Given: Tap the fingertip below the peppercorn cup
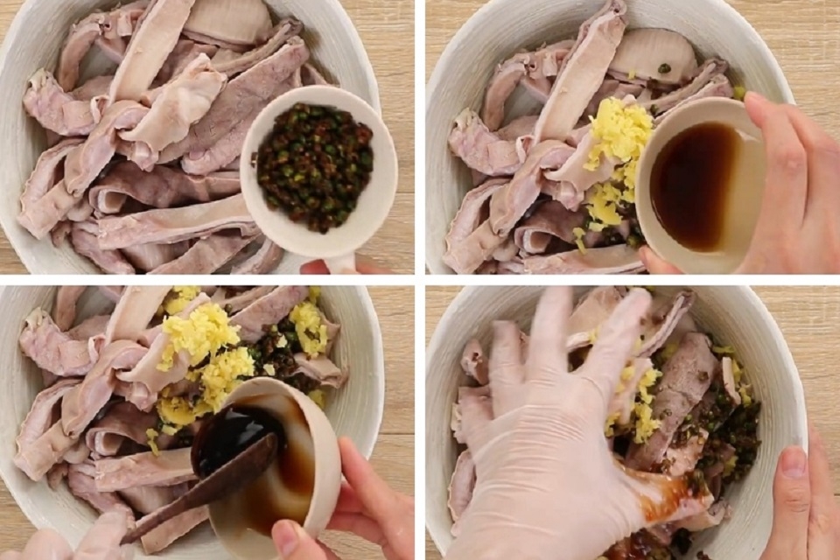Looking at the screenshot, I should [317, 266].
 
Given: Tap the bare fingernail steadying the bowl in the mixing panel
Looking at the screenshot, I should [794, 462].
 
